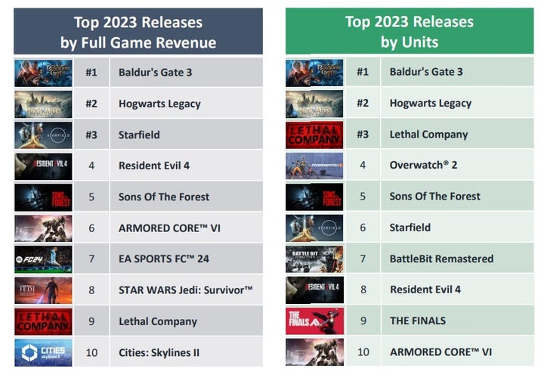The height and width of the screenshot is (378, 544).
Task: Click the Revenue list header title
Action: [138, 33]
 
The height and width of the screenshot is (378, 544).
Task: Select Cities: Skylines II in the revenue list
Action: [159, 352]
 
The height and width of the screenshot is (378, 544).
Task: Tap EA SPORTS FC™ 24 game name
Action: [164, 259]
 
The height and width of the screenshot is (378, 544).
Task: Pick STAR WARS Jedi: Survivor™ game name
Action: [186, 290]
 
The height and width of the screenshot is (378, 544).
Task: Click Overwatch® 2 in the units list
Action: [424, 165]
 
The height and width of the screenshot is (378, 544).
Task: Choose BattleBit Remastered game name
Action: [441, 259]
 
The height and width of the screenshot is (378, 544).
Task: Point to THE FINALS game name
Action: [418, 321]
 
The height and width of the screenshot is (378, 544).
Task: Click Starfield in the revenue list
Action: [139, 135]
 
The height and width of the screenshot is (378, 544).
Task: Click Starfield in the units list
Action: [410, 227]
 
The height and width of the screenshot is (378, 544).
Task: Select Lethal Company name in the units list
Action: [428, 135]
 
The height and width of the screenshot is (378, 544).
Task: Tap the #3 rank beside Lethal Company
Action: [363, 135]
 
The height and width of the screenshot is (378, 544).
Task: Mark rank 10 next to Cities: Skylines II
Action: [91, 352]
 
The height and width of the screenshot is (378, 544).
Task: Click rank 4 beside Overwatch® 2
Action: [363, 165]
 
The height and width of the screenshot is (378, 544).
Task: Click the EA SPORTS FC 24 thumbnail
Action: [43, 259]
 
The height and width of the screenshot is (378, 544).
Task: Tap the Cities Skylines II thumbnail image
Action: [43, 352]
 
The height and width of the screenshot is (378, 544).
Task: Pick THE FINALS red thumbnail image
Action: [314, 321]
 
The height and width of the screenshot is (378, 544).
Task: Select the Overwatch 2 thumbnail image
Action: [314, 166]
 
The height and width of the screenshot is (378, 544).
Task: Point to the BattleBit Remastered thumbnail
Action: [314, 259]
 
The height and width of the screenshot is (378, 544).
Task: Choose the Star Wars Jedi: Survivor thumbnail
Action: [43, 290]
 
